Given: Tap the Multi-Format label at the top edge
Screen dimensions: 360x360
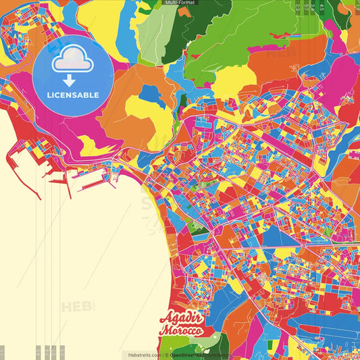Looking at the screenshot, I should coord(180,3).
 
